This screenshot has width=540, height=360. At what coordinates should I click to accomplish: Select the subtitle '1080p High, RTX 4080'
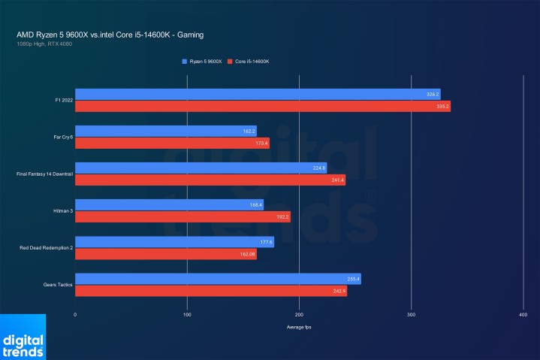[44, 44]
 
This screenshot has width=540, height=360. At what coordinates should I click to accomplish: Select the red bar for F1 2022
[262, 107]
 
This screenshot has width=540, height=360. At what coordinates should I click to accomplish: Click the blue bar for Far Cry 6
[165, 131]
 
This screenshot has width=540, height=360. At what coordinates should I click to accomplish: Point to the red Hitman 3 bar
[182, 217]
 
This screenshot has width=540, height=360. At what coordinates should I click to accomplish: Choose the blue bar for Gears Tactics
[218, 279]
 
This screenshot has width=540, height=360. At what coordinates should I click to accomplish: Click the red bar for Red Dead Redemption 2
[165, 254]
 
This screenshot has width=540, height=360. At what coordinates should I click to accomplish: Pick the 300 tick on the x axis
[411, 315]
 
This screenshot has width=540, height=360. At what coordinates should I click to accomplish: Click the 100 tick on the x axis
[187, 315]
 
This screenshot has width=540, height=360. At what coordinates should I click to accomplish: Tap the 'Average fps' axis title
[299, 328]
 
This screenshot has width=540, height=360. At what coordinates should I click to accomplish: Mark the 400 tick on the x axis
[523, 315]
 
